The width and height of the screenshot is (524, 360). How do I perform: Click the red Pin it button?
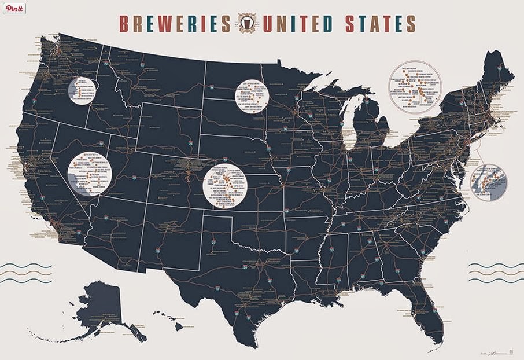click(x=15, y=9)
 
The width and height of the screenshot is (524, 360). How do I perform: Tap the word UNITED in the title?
click(x=297, y=24)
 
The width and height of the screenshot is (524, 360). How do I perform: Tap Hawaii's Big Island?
click(x=179, y=327)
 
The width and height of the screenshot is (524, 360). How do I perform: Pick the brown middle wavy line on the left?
click(x=26, y=273)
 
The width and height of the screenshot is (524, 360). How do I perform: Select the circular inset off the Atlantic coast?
click(x=489, y=182)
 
